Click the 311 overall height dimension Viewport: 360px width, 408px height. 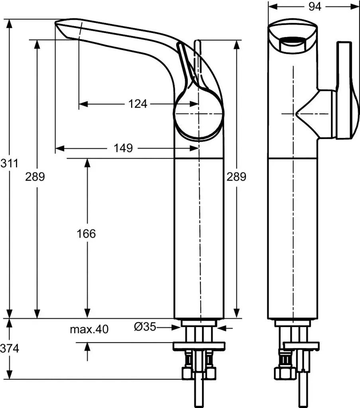click(9, 163)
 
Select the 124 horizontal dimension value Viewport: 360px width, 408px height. click(138, 104)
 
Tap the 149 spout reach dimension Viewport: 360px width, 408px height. click(123, 148)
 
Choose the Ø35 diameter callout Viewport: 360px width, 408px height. click(144, 327)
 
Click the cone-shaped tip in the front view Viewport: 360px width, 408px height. click(305, 114)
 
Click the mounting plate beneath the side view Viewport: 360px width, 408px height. click(198, 346)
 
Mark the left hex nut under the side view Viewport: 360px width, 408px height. click(187, 373)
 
